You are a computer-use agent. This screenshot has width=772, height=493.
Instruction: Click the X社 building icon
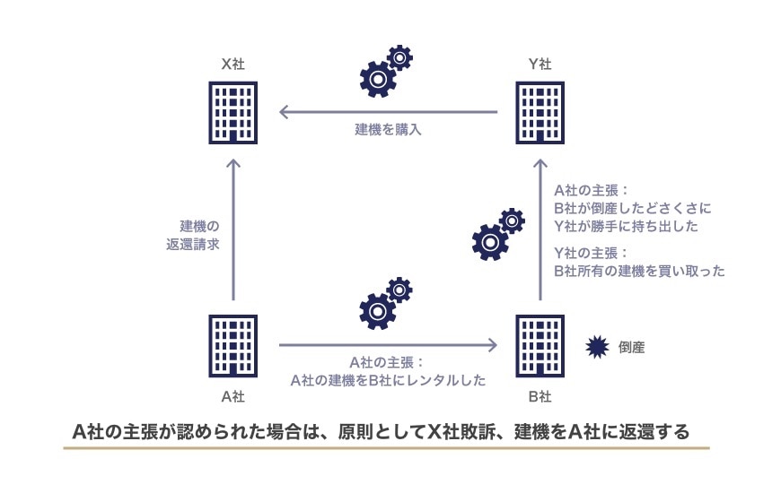point(233,112)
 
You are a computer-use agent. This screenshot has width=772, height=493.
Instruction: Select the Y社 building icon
point(540,112)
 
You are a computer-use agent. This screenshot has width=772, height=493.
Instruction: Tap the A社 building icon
point(233,344)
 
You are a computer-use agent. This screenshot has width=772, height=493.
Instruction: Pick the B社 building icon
point(540,344)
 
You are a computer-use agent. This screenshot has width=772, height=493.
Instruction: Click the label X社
point(233,64)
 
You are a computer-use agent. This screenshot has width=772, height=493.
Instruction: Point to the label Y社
point(540,64)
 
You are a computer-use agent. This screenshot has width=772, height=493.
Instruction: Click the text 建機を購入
point(387,130)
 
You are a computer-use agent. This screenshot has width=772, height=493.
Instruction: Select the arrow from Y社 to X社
point(388,112)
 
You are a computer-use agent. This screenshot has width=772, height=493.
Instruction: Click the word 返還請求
point(200,243)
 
